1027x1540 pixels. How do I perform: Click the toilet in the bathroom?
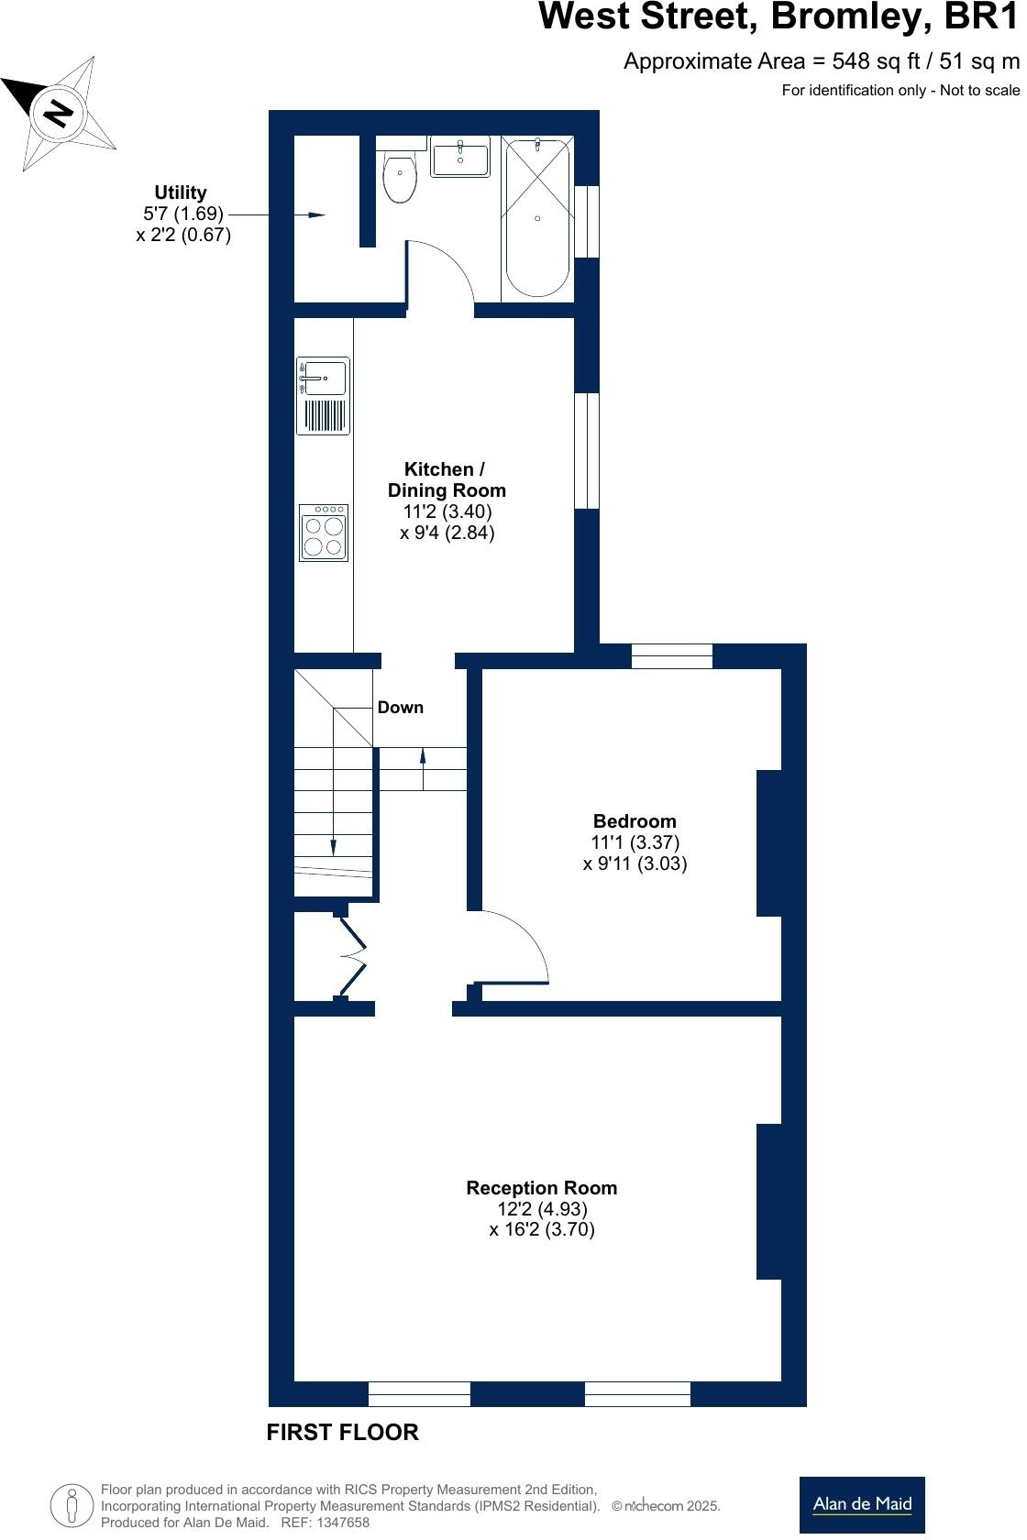point(400,176)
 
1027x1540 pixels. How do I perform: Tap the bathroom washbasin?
point(460,158)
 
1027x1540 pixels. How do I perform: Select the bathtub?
point(537,218)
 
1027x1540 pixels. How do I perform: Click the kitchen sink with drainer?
point(323,395)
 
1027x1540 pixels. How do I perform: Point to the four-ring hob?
point(324,533)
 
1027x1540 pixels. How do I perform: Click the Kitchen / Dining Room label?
point(447,480)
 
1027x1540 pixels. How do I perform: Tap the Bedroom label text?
point(635,821)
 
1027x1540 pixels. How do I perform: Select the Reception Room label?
point(541,1188)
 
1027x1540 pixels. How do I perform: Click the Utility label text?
point(181,192)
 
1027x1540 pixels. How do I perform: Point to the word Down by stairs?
point(401,707)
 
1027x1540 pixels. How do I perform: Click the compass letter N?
point(59,113)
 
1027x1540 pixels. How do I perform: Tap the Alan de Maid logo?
point(862,1503)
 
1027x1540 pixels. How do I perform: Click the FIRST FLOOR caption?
point(342,1432)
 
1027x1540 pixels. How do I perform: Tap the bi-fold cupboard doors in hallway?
point(353,956)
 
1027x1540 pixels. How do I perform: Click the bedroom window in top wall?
point(672,656)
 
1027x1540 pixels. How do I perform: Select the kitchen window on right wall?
point(587,450)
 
